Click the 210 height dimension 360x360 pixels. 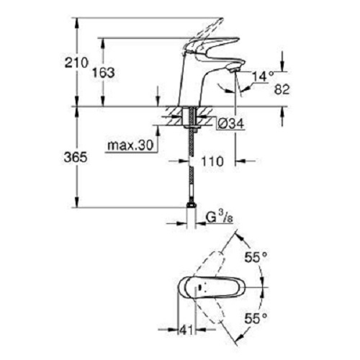[76, 63]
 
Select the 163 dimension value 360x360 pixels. [104, 72]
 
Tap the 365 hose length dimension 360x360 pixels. [76, 158]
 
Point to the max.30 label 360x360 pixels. [130, 145]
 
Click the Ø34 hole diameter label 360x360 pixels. [231, 124]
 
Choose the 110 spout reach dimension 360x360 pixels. [212, 161]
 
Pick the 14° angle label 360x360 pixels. [263, 76]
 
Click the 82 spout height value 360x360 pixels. [282, 89]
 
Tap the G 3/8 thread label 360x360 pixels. [220, 218]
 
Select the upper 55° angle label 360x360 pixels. [256, 258]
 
